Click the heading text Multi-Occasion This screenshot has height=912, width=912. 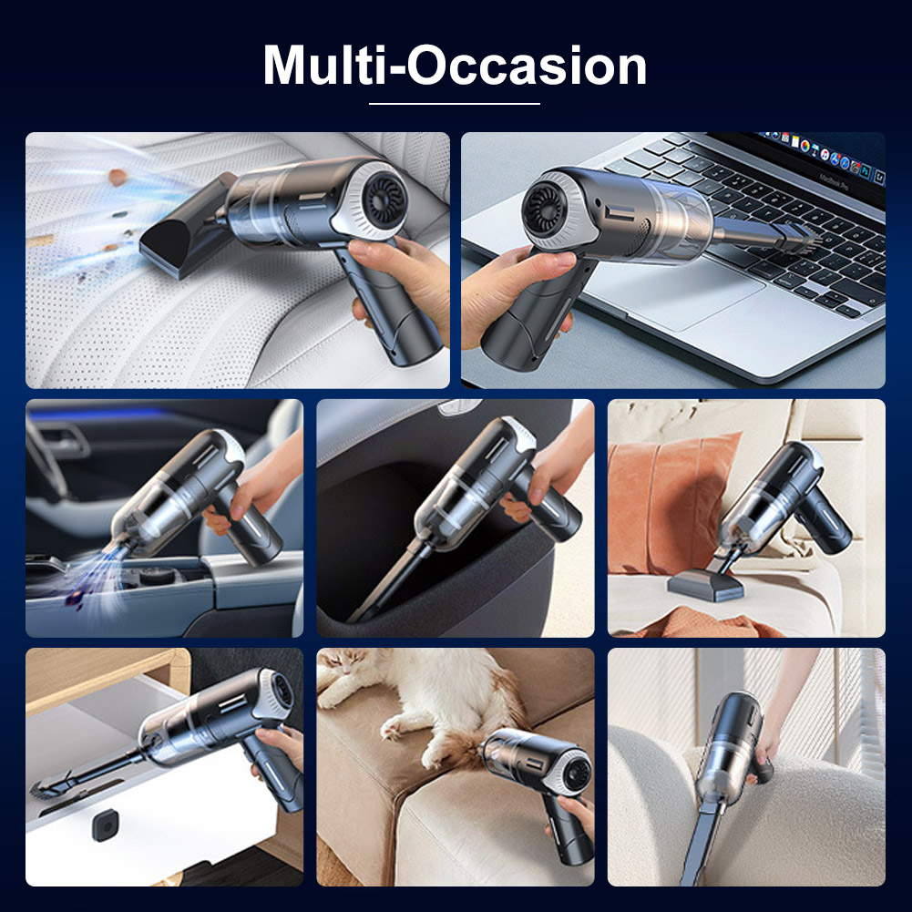click(x=455, y=66)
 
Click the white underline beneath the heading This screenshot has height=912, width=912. click(x=455, y=104)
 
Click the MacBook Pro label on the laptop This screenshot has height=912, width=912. click(x=834, y=181)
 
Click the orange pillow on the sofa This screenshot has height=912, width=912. click(x=669, y=500)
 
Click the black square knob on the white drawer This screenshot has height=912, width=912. click(x=106, y=825)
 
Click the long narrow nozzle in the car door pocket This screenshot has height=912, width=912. click(x=387, y=581)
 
